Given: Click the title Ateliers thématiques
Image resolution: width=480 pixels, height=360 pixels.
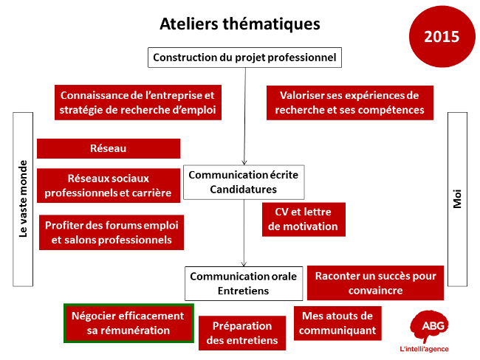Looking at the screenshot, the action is click(x=240, y=24).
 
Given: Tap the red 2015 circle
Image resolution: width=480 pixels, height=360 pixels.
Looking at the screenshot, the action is click(x=442, y=36).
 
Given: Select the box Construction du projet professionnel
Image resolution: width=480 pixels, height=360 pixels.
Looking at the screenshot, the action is click(x=244, y=58).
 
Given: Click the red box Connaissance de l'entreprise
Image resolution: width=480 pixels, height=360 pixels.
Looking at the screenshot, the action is click(x=138, y=103).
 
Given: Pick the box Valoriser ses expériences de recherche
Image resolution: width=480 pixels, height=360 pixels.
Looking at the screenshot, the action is click(x=350, y=103).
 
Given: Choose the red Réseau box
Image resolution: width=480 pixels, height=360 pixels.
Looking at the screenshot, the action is click(x=109, y=149).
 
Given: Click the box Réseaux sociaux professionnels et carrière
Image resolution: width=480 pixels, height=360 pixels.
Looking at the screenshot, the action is click(x=109, y=186).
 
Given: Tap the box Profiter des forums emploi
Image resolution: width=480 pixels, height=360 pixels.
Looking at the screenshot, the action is click(x=112, y=232).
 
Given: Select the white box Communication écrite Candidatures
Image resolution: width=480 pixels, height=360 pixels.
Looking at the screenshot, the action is click(x=244, y=182).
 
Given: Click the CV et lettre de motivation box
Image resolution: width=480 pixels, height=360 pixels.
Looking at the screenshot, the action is click(x=304, y=219).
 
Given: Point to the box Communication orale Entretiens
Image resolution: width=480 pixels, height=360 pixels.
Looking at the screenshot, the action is click(x=244, y=283).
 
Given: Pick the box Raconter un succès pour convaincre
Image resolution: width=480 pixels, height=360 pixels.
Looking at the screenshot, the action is click(x=375, y=283).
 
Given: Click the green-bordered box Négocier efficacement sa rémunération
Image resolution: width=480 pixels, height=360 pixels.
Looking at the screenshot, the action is click(x=128, y=323).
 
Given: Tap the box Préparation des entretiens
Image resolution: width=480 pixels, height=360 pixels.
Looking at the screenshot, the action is click(x=242, y=333).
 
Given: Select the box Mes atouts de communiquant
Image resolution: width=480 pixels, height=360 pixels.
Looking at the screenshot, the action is click(x=337, y=323).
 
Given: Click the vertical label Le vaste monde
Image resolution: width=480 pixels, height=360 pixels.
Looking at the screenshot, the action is click(x=23, y=199).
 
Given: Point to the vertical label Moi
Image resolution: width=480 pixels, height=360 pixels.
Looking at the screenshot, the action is click(x=457, y=199).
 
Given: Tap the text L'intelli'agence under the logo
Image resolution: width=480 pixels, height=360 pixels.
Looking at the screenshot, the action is click(x=425, y=349).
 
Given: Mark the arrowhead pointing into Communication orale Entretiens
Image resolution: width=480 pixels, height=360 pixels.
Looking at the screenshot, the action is click(x=244, y=264).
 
